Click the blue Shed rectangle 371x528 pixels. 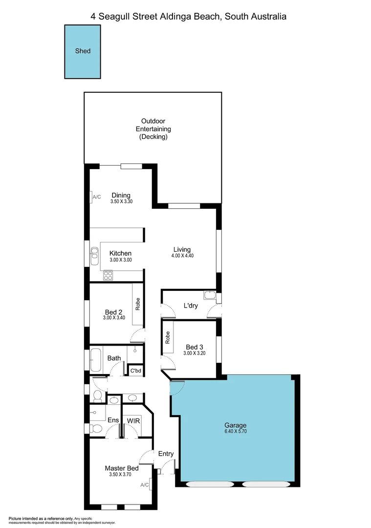coord(83,51)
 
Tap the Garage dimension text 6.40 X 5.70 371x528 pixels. coord(235,432)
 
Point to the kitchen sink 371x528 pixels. coord(94,253)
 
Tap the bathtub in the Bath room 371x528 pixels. coord(95,360)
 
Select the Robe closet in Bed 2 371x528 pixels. coord(138,305)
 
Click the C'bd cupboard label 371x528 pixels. coord(135,371)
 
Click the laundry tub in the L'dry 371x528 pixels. coord(210,295)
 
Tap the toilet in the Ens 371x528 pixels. coord(96,429)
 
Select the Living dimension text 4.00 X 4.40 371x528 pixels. coord(182,256)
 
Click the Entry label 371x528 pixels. coord(166,454)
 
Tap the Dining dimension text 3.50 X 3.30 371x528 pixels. coord(120,201)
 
